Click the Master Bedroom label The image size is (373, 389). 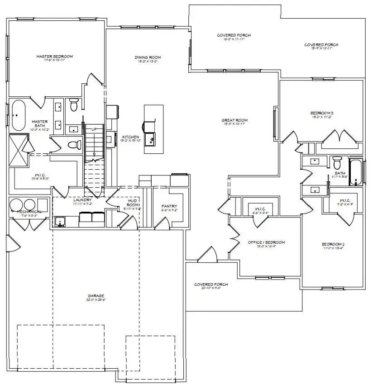[54, 57]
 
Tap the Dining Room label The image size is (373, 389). [148, 57]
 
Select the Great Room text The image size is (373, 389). [234, 120]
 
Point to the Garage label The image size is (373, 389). [92, 297]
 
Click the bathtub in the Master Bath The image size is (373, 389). [18, 115]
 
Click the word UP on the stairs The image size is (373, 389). [94, 130]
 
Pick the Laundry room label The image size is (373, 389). [83, 199]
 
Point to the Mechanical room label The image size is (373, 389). [29, 212]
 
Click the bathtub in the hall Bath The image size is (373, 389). [356, 172]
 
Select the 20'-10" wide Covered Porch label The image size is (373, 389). [211, 285]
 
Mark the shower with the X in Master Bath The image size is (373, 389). [18, 151]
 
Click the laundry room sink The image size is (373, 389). [60, 222]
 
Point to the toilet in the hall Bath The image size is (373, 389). [336, 162]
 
